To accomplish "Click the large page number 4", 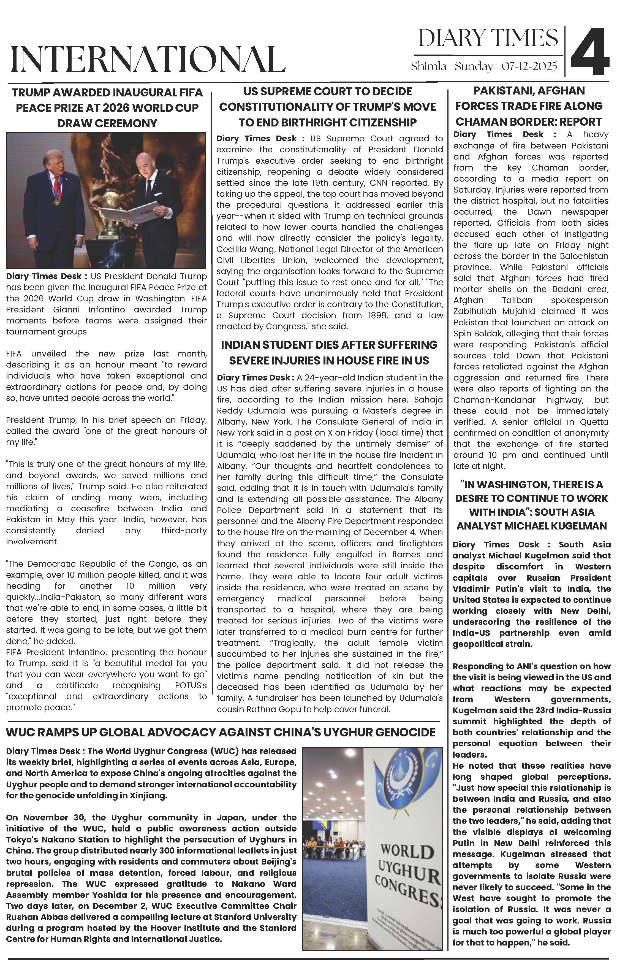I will [x=590, y=52].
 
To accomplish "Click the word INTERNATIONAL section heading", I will [x=148, y=60].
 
